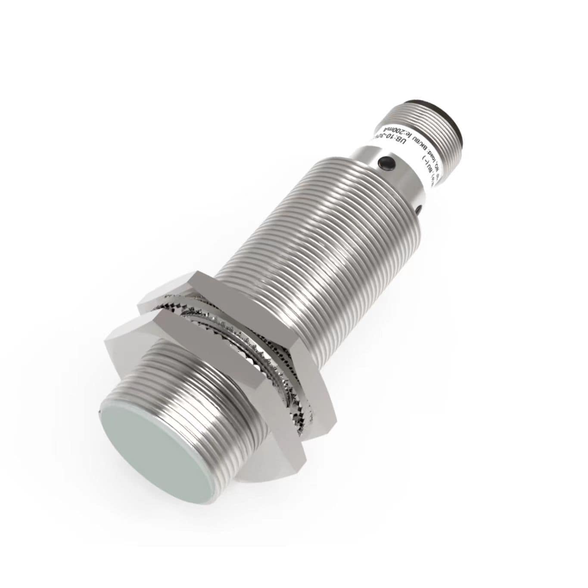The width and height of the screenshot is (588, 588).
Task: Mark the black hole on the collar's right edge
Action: (418, 210)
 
